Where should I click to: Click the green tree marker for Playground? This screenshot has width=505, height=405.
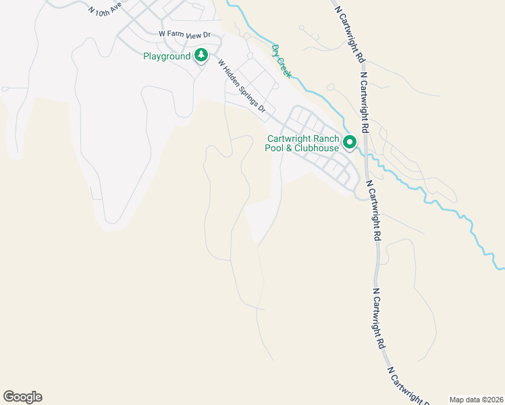point(201,55)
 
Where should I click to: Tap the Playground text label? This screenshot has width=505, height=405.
point(167,57)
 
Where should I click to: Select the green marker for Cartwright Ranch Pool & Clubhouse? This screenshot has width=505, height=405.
point(350,142)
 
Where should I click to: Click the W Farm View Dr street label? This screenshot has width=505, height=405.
point(185,34)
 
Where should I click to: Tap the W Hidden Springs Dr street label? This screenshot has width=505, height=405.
point(242,86)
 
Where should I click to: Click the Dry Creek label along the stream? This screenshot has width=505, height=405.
point(281,61)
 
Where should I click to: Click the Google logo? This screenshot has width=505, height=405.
point(22,397)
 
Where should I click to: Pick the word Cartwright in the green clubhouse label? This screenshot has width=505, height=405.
point(286,138)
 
